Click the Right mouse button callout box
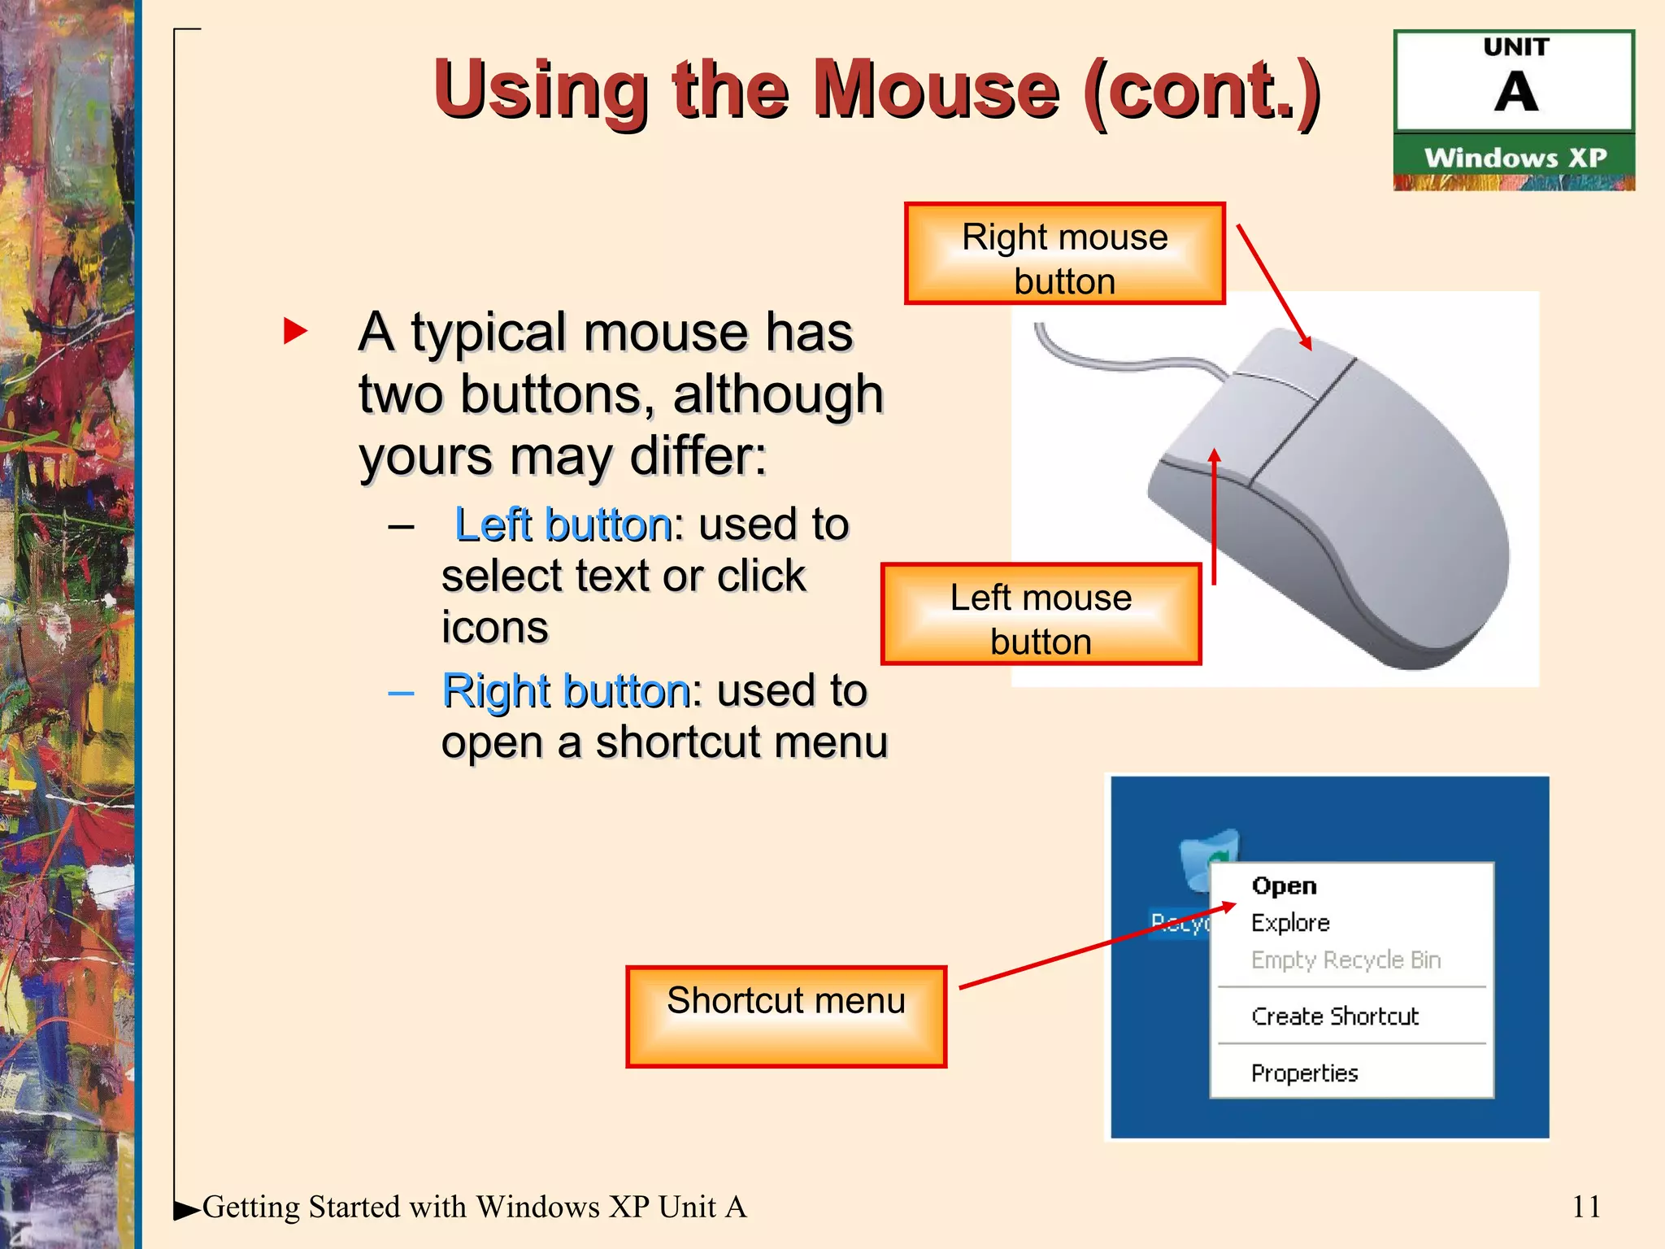pyautogui.click(x=1064, y=255)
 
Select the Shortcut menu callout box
pyautogui.click(x=785, y=1016)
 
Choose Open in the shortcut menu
pyautogui.click(x=1284, y=886)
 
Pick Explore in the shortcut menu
pyautogui.click(x=1290, y=923)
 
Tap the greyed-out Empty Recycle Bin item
pyautogui.click(x=1345, y=960)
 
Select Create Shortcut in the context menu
pyautogui.click(x=1334, y=1016)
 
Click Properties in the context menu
pyautogui.click(x=1304, y=1073)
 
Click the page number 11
pyautogui.click(x=1585, y=1207)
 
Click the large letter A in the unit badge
pyautogui.click(x=1515, y=92)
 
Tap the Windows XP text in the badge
pyautogui.click(x=1515, y=158)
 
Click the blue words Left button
pyautogui.click(x=563, y=524)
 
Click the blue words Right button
pyautogui.click(x=566, y=691)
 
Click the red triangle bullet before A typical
pyautogui.click(x=294, y=331)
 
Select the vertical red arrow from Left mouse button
pyautogui.click(x=1214, y=520)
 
